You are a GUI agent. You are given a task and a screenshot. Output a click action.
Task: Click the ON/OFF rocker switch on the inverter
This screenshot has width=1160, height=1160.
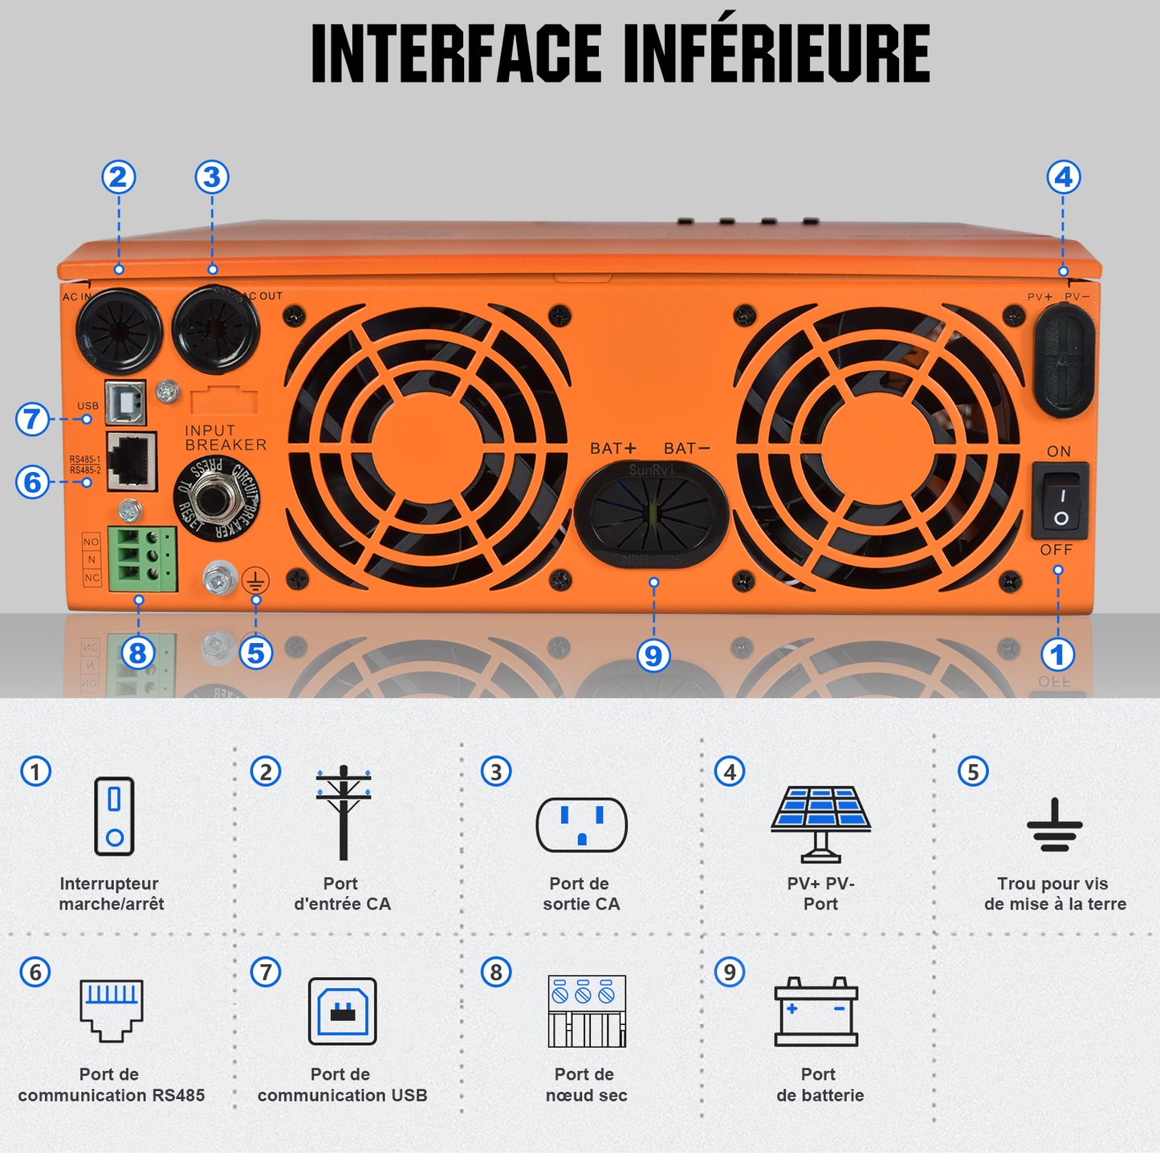pos(1060,501)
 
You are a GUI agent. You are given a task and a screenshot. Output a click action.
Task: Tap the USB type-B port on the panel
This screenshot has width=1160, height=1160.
pos(125,402)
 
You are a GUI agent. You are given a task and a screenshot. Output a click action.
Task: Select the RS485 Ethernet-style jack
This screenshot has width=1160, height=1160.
pos(131,461)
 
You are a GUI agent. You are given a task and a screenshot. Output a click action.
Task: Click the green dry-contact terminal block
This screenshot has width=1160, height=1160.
pos(142,559)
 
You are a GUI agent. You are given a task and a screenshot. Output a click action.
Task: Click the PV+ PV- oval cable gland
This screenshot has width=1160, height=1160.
pos(1064,360)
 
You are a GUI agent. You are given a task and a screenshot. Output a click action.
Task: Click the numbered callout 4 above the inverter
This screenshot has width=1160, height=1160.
pos(1063,177)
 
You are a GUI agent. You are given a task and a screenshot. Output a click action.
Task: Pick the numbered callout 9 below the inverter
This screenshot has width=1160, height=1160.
pos(653,655)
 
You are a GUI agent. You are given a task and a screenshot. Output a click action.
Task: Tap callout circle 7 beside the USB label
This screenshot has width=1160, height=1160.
pos(32,418)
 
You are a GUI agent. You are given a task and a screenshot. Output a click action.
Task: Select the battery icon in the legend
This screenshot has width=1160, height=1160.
pos(816,1011)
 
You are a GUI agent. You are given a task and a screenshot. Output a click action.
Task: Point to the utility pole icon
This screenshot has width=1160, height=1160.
pos(344,812)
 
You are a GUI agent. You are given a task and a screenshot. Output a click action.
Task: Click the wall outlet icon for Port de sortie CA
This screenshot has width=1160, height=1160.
pos(581,824)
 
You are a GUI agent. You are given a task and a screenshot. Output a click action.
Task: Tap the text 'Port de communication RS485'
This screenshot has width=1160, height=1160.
pos(111,1085)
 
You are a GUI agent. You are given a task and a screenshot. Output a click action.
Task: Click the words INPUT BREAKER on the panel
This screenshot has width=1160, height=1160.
pos(226,438)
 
